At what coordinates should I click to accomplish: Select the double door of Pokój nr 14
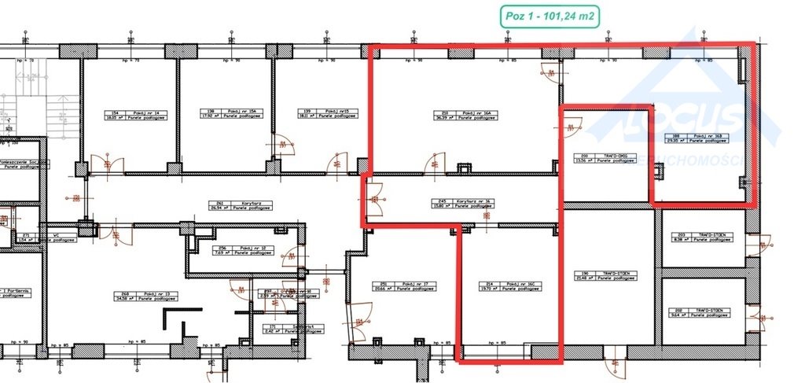pos(106,164)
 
